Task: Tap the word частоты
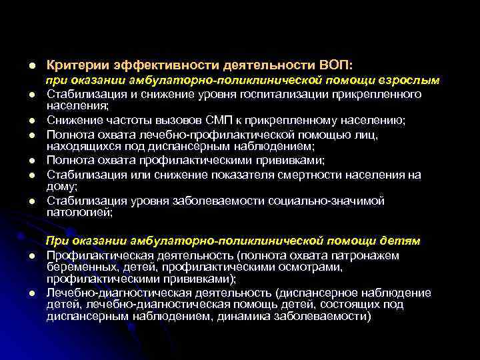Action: click(123, 120)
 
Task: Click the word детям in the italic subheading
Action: click(402, 240)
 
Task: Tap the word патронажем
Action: click(369, 255)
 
